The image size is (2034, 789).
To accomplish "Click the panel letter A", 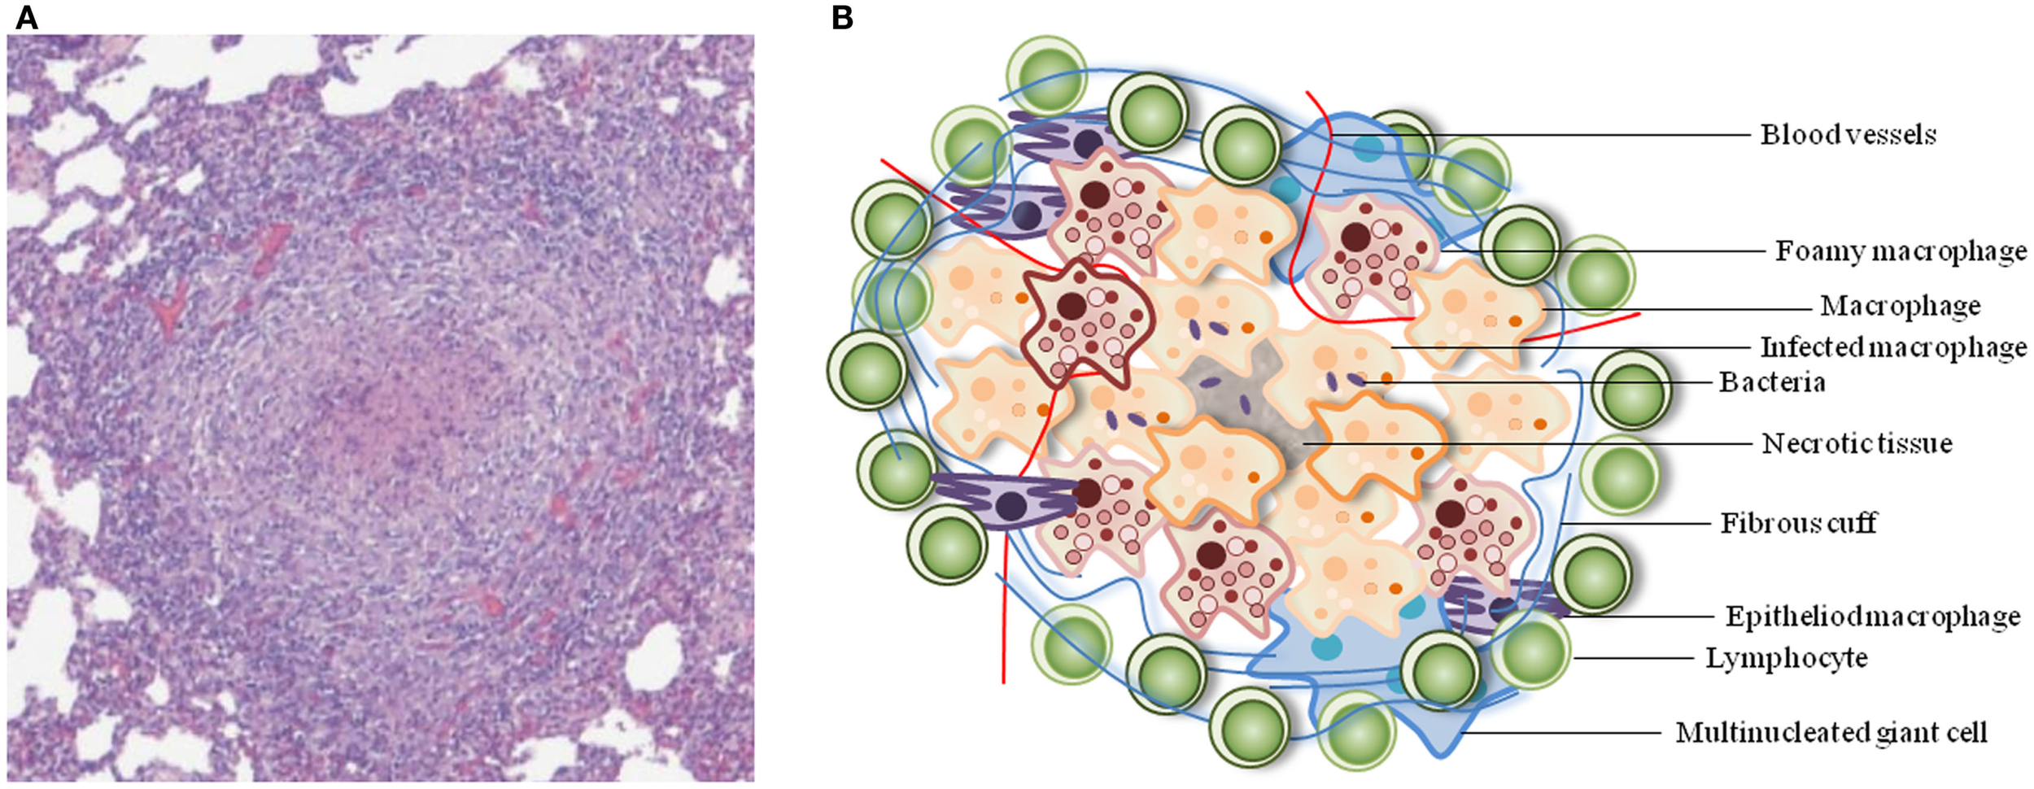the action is [26, 17].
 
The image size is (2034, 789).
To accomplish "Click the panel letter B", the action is [842, 17].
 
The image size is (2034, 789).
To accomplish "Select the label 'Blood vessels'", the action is [1848, 135].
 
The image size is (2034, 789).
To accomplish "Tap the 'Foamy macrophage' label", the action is [1901, 251].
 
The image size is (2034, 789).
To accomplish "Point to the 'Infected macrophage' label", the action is [1893, 348].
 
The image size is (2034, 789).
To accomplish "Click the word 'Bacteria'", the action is [1771, 382].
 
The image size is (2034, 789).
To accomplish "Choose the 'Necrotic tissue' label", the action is [1857, 444].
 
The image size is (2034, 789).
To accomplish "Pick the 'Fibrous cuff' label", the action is [1798, 523].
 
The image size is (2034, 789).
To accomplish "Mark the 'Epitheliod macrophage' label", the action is [1873, 617].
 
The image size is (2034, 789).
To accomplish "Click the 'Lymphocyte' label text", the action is [1786, 658].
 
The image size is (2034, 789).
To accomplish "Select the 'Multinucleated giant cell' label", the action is [1831, 733].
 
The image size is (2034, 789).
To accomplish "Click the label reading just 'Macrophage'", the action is [1900, 307].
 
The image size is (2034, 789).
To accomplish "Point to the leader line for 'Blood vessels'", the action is [1546, 135].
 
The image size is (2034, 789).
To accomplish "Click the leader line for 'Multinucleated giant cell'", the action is [1562, 733].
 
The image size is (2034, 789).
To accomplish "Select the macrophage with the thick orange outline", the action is [1375, 443].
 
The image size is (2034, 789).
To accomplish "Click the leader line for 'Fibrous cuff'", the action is [1635, 523].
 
